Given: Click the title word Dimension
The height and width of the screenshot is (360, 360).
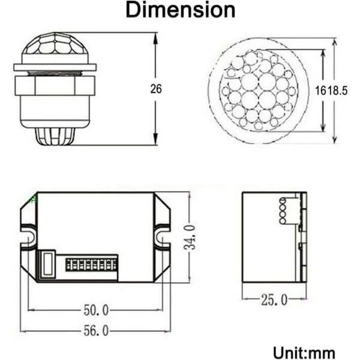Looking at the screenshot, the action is [181, 10].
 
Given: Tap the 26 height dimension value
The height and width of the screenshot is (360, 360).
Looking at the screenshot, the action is [156, 89].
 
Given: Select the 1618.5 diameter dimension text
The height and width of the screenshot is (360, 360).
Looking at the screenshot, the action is [331, 91].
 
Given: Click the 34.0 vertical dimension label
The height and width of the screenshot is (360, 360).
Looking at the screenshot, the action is [190, 238].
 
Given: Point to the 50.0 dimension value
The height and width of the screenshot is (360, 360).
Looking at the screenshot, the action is [96, 310].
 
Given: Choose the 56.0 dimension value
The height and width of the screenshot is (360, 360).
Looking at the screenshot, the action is [96, 331].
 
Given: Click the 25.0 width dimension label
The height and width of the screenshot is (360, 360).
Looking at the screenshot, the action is [274, 299].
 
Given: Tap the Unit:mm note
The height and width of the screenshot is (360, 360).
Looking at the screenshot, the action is [304, 353].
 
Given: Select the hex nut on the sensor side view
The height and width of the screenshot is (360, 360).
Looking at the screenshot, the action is [55, 86].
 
